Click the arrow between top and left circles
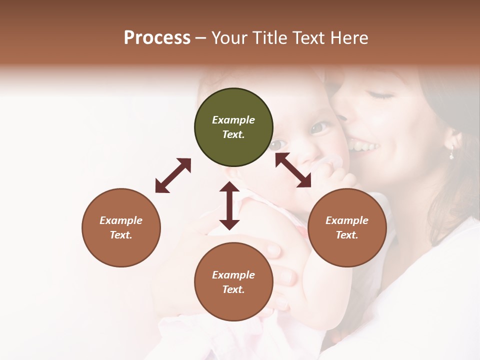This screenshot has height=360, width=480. tap(173, 175)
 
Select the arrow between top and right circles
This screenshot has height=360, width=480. tap(293, 170)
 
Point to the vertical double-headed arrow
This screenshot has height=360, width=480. tap(229, 205)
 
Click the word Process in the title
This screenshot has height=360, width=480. tap(157, 38)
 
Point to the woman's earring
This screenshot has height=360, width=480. tap(451, 153)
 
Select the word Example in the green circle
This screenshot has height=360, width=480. tap(233, 120)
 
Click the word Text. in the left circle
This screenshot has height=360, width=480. tap(121, 235)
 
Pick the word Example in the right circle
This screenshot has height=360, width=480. tap(347, 220)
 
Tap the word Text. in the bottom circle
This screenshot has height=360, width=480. tap(233, 289)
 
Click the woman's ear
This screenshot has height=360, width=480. tap(454, 139)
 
